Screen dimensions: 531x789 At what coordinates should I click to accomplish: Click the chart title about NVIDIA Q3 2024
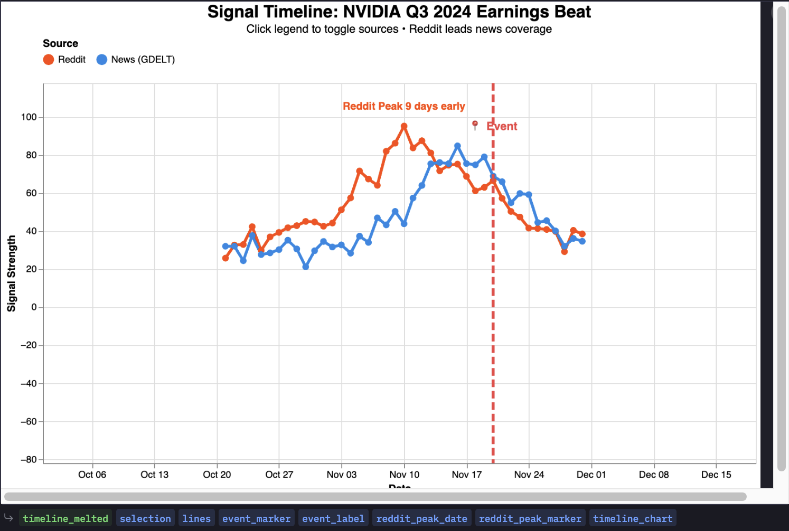[399, 12]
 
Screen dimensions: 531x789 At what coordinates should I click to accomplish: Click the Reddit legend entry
[64, 60]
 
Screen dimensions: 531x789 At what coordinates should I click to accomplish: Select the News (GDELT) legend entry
[136, 60]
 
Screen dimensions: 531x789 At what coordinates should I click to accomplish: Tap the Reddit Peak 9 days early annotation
[404, 106]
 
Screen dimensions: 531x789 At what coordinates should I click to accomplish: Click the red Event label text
[502, 126]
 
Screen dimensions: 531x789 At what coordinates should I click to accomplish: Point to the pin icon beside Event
[475, 125]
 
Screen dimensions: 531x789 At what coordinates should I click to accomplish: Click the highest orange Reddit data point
[404, 126]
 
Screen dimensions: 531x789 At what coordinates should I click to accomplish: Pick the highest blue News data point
[457, 146]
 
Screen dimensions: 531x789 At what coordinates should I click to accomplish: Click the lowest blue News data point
[306, 267]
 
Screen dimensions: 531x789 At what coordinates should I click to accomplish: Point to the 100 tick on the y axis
[29, 117]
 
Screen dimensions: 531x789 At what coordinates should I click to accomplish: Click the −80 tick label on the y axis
[28, 460]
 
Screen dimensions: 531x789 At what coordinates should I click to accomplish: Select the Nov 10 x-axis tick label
[405, 475]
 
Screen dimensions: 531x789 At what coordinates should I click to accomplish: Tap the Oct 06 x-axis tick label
[92, 475]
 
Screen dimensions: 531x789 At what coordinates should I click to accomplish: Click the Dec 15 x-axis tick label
[716, 475]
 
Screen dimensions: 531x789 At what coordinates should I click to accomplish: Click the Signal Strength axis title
[12, 273]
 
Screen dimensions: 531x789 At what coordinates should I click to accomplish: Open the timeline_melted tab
[65, 518]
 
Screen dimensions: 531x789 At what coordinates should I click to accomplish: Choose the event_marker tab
[256, 518]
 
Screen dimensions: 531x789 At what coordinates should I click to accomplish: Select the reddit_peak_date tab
[421, 518]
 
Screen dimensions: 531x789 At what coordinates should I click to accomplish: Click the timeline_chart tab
[633, 518]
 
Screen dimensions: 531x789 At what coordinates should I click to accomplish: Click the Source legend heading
[60, 44]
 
